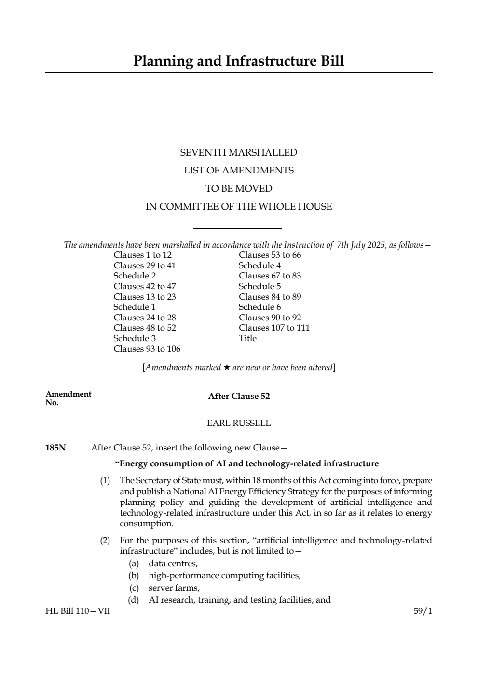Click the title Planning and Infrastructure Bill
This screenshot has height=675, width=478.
pos(239,61)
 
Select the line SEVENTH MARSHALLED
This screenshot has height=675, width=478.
pos(239,153)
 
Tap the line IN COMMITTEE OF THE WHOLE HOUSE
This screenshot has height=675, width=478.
pos(239,207)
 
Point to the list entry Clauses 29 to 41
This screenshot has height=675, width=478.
pos(145,265)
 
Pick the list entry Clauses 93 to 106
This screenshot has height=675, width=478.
pos(147,349)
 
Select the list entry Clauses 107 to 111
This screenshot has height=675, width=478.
pos(274,328)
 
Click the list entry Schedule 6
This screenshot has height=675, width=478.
pos(259,307)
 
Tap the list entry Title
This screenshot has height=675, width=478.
pos(247,338)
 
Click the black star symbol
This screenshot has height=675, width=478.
pos(226,368)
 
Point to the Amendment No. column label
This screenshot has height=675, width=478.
pos(68,398)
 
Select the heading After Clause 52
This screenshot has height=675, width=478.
pos(239,396)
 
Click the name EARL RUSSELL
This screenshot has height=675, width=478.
pos(239,423)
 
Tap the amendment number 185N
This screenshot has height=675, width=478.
pos(55,448)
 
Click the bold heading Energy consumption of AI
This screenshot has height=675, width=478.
pos(247,463)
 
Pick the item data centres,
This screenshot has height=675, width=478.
pos(173,563)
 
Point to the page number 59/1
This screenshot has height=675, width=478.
pos(423,611)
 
